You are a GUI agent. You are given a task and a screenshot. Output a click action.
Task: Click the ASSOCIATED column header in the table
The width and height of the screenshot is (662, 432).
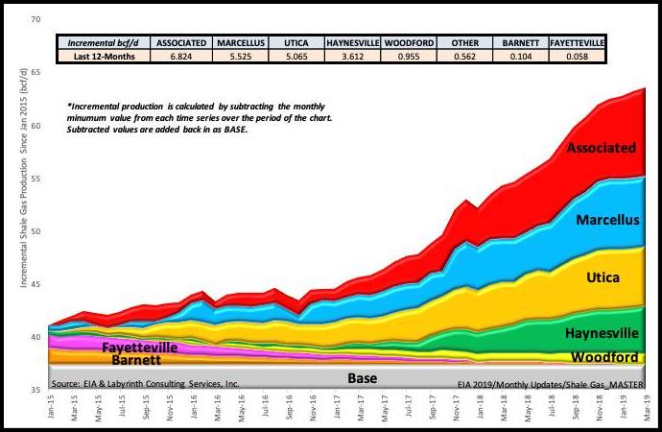(x=182, y=43)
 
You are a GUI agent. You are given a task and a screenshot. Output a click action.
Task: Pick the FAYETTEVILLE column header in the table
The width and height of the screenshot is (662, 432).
(x=578, y=43)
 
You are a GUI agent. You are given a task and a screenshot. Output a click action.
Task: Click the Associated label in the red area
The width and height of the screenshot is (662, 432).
(x=601, y=148)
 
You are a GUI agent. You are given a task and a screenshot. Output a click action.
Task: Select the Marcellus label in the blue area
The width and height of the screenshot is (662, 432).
(x=608, y=220)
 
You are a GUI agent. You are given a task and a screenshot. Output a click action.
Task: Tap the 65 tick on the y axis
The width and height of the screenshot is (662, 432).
(x=36, y=73)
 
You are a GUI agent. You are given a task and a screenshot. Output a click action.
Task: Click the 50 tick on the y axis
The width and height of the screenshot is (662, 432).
(x=36, y=231)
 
